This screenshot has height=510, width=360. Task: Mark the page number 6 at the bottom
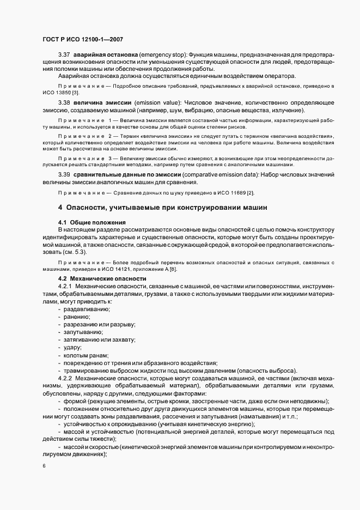pos(44,466)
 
